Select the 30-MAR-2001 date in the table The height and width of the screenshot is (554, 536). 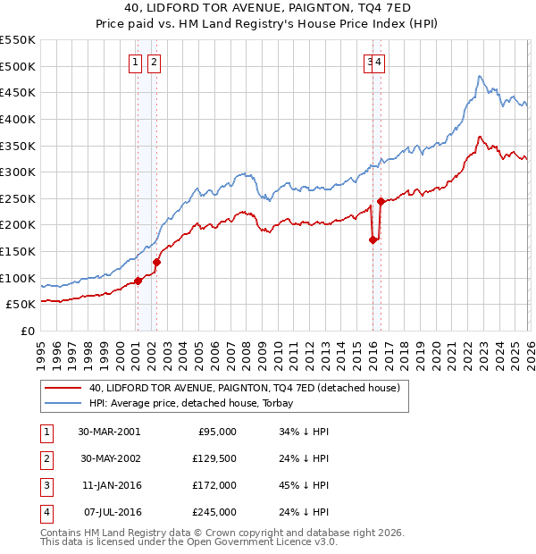[x=108, y=432]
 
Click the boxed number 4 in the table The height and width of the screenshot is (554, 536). [x=46, y=512]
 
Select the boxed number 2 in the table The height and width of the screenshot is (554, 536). [x=46, y=458]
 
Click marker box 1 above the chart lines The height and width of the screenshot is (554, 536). [x=135, y=62]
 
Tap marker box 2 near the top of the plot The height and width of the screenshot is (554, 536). [x=154, y=62]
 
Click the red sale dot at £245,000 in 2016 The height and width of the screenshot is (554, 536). [x=381, y=201]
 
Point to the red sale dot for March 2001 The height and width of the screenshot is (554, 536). [x=138, y=281]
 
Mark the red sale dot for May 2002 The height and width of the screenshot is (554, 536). [x=156, y=262]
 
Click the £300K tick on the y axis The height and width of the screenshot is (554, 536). [x=20, y=172]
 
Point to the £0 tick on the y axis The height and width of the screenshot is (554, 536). [x=29, y=331]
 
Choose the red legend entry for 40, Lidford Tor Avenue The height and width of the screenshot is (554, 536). [x=242, y=388]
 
